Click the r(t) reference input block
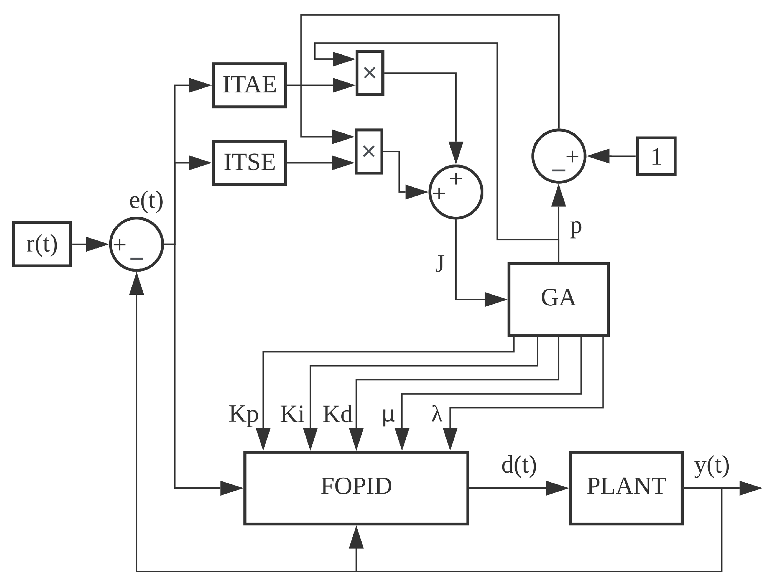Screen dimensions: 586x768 (42, 244)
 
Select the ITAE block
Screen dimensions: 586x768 (249, 85)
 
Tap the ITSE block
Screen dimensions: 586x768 (249, 163)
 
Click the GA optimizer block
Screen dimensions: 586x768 (559, 299)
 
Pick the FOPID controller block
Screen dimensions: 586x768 (356, 488)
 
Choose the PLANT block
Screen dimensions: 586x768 (626, 488)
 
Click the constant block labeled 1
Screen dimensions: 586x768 (656, 156)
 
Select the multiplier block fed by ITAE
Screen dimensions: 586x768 (369, 73)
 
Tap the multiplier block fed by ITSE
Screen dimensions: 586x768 (369, 151)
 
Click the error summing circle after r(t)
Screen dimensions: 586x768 (136, 244)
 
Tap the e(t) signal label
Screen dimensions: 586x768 (146, 201)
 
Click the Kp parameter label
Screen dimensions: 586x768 (243, 414)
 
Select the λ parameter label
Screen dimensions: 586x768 (437, 414)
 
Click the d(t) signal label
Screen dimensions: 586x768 (519, 466)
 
